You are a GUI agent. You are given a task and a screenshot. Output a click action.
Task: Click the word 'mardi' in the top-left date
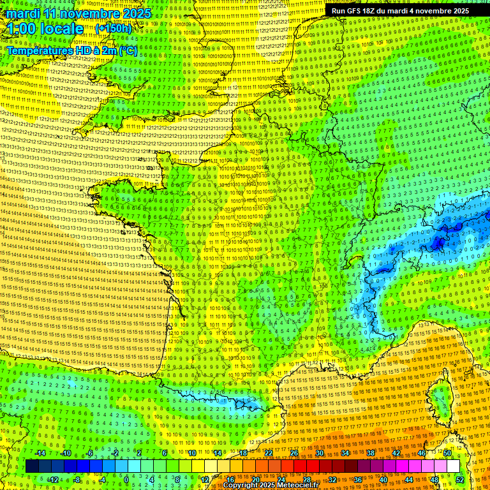[25, 13]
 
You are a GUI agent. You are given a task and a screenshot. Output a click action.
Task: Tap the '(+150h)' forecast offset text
[113, 28]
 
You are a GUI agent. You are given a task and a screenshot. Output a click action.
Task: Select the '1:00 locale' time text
[45, 29]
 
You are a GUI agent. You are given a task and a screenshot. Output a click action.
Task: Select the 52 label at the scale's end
[460, 479]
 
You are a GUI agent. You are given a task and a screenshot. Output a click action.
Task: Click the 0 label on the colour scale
[126, 479]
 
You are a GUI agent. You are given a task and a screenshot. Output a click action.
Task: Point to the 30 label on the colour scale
[319, 453]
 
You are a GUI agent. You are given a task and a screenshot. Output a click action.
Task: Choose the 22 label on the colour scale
[269, 453]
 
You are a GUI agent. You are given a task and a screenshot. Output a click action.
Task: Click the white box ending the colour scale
[453, 466]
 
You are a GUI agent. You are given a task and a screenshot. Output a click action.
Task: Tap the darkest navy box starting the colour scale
[32, 466]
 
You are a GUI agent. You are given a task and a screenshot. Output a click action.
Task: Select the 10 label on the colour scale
[192, 453]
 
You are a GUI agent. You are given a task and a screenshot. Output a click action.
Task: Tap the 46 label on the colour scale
[421, 453]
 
